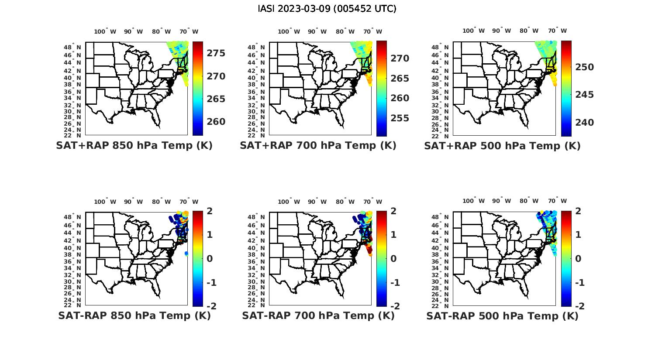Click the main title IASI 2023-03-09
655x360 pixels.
(x=327, y=9)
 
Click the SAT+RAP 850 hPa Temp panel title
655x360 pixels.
(x=134, y=146)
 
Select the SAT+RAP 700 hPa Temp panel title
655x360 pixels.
(x=318, y=146)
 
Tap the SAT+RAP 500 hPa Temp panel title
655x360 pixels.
(x=502, y=146)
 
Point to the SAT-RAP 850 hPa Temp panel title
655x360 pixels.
(x=134, y=315)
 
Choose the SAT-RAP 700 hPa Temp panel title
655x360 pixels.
(x=318, y=315)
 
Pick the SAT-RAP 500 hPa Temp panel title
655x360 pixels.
(x=502, y=316)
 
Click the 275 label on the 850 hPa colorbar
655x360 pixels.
(x=216, y=53)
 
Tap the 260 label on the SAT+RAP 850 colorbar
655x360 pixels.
(x=216, y=122)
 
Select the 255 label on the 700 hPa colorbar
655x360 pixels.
(x=400, y=118)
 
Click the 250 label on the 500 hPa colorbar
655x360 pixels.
(x=584, y=67)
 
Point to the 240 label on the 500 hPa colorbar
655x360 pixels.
(x=584, y=123)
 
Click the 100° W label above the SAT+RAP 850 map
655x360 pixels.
(x=105, y=31)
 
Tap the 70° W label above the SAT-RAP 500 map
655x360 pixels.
(x=557, y=201)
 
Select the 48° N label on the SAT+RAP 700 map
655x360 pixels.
(x=256, y=48)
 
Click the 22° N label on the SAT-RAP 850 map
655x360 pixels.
(x=72, y=305)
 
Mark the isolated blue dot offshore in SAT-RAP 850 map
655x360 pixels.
(x=186, y=253)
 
